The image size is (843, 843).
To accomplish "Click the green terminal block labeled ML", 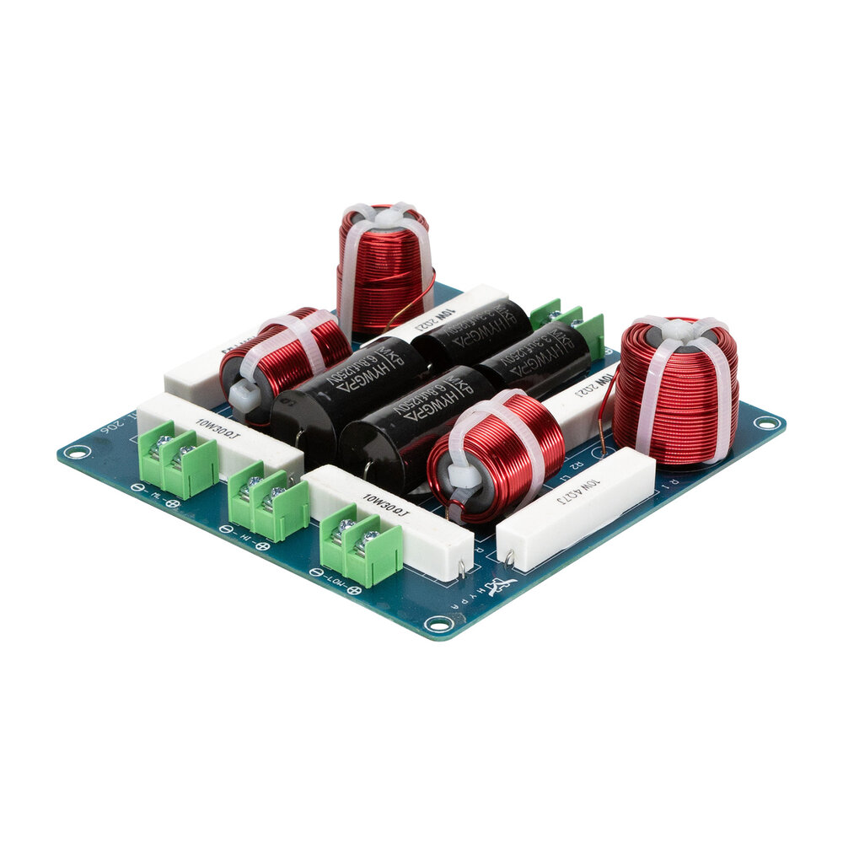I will click(178, 462).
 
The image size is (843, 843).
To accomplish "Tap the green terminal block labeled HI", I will click(268, 502).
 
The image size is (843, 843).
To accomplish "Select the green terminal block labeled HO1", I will click(361, 545).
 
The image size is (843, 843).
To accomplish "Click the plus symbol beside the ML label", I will click(173, 504).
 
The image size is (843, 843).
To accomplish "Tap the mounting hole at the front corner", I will click(437, 624).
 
